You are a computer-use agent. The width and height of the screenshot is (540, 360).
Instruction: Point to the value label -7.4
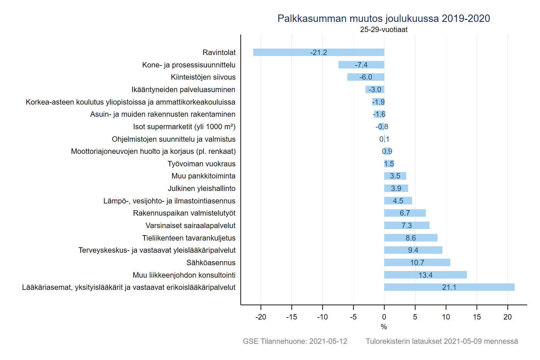tap(361, 65)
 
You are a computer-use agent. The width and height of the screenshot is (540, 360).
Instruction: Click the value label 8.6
tap(411, 238)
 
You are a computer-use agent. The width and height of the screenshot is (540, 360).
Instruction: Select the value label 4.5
tap(398, 201)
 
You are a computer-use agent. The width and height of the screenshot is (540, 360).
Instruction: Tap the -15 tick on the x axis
tap(292, 317)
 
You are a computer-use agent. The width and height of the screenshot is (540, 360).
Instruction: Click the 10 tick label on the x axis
tap(446, 317)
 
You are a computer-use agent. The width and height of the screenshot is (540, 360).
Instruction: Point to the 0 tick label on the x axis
tap(384, 317)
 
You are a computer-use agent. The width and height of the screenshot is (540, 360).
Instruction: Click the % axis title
tap(384, 327)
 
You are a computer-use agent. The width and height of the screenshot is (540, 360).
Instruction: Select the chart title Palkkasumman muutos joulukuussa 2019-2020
tap(384, 18)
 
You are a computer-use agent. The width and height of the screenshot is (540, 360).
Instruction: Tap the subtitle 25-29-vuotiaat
tap(384, 30)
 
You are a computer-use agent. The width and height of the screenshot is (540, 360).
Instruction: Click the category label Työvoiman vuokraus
tap(201, 164)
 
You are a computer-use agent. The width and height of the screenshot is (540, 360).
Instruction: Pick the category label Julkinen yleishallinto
tap(201, 188)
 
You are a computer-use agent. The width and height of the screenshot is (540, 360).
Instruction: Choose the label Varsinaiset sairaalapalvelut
tap(190, 225)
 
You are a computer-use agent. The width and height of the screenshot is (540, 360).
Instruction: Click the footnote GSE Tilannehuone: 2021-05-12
tap(295, 341)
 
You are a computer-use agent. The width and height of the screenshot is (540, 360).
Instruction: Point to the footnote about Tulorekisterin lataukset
tap(442, 341)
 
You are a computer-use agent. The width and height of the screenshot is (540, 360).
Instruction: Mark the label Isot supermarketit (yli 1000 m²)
tap(184, 127)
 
